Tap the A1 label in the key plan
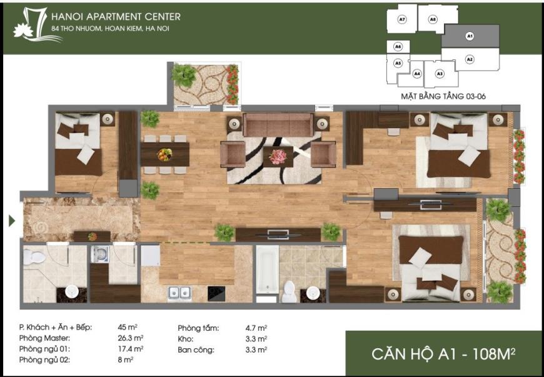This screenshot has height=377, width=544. (470, 36)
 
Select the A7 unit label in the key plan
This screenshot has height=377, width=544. (402, 20)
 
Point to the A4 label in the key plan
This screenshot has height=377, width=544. (417, 74)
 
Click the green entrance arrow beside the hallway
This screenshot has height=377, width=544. (12, 221)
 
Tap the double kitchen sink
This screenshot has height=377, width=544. (179, 293)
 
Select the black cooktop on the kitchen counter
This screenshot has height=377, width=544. (216, 293)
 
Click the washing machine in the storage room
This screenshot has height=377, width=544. (100, 254)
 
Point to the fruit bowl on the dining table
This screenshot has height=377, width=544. (164, 154)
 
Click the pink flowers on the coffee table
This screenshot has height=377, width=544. (278, 157)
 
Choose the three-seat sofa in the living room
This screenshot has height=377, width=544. (278, 124)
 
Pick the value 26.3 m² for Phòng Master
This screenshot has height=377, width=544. (131, 338)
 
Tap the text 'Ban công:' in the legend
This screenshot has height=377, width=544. (196, 350)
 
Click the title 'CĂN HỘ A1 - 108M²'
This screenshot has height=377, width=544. (443, 354)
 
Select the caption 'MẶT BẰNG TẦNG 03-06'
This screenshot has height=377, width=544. (443, 96)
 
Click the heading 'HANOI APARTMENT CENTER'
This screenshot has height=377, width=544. (116, 17)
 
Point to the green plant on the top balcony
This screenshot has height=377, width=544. (184, 75)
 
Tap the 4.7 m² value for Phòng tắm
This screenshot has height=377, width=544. (256, 328)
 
